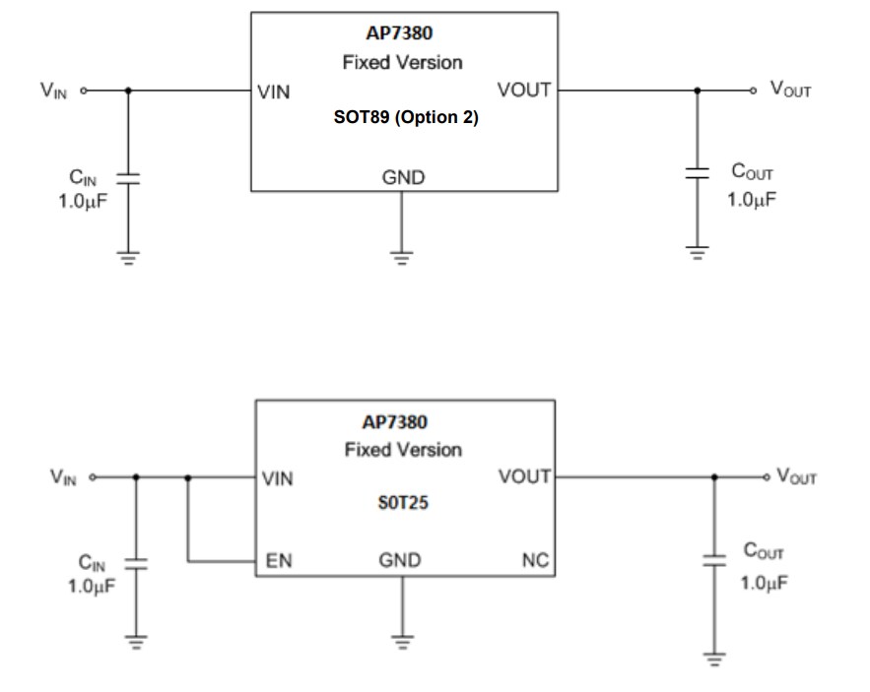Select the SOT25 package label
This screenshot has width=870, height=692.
tap(404, 502)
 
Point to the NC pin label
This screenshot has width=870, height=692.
tap(533, 561)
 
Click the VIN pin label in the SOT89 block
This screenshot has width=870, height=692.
tap(273, 94)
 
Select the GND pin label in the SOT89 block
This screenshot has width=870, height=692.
tap(403, 177)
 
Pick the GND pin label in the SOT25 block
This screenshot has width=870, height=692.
tap(400, 561)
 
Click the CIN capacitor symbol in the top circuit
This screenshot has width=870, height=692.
tap(129, 178)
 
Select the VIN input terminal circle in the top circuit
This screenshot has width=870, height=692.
tap(84, 91)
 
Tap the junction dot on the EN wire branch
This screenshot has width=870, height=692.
tap(187, 477)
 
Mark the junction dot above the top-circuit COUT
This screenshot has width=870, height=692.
tap(698, 90)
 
